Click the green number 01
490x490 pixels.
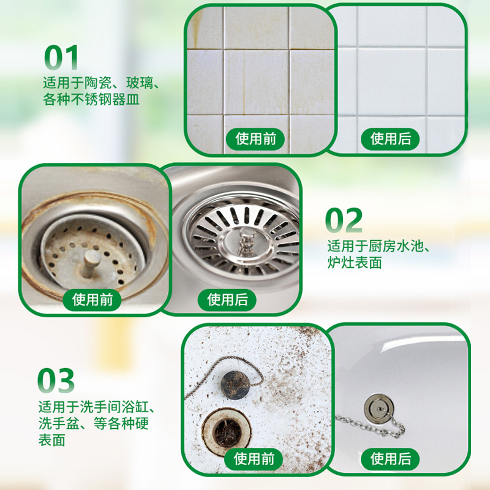pos(61,58)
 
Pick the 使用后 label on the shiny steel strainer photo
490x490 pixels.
pos(228,300)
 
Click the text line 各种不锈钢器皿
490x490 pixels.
pos(91,99)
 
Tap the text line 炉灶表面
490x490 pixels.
pos(355,263)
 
